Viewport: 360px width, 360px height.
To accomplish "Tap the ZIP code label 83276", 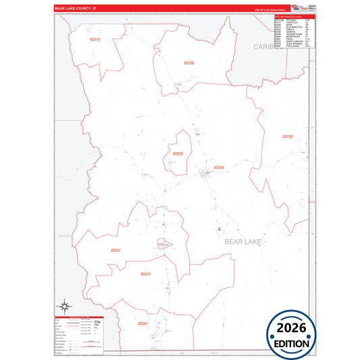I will point(95,40).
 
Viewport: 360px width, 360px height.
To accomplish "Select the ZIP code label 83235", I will point(189,63).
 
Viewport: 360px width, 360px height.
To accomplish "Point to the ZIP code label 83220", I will point(178,154).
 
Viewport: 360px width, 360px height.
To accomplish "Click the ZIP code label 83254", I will point(218,167).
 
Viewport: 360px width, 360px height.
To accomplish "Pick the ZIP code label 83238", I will point(287,136).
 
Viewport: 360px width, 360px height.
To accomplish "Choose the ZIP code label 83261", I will point(116,251).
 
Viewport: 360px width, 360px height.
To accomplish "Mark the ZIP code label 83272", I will point(146,274).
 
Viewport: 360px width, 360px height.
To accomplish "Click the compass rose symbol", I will point(63,306).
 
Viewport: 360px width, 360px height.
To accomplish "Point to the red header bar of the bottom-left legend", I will point(78,316).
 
